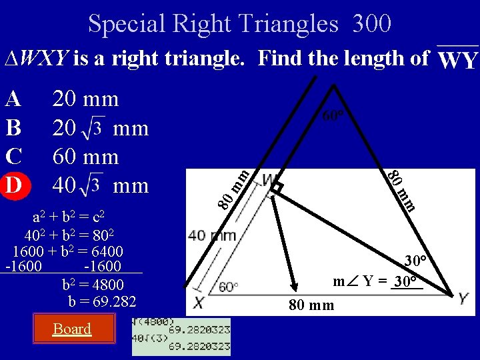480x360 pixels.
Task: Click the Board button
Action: click(x=72, y=329)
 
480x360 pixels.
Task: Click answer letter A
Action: click(x=13, y=99)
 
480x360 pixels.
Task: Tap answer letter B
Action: click(x=13, y=127)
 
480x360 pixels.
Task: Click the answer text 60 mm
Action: click(x=85, y=157)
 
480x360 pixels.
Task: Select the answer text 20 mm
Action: click(x=85, y=99)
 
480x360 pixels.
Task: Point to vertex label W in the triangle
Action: click(x=270, y=181)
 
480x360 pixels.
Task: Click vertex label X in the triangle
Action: click(x=199, y=302)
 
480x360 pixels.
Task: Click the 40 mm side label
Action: click(x=212, y=235)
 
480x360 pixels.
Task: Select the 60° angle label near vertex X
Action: click(x=228, y=287)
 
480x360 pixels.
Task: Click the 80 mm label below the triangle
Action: click(x=311, y=306)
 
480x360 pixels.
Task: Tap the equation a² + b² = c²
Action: click(x=69, y=217)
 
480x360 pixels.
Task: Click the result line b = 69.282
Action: click(x=102, y=302)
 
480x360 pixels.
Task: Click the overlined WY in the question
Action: click(x=459, y=60)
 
